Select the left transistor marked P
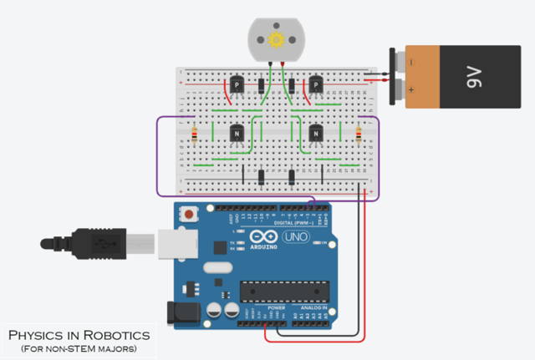pyautogui.click(x=237, y=85)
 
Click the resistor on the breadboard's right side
pyautogui.click(x=359, y=134)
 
